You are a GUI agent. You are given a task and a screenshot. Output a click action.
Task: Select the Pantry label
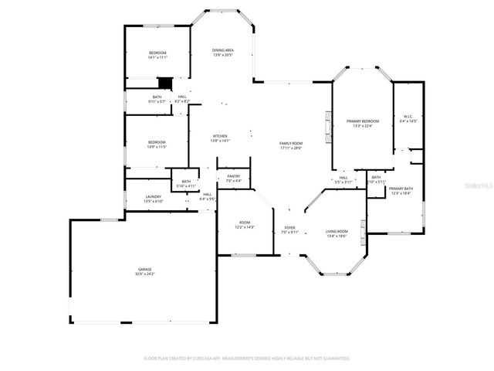pos(233,179)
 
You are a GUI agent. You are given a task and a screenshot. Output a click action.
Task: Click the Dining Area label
pos(223,53)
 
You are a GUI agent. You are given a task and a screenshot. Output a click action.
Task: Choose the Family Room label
pos(290,145)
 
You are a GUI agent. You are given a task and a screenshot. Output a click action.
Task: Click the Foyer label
pos(289,230)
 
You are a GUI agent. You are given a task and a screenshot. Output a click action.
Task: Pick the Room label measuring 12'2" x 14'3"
pos(243,225)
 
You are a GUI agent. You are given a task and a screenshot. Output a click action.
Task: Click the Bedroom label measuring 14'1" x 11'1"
pos(157,55)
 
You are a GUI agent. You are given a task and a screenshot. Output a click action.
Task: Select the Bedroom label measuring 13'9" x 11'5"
pos(157,144)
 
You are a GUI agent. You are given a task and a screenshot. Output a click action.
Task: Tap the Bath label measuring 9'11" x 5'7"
pos(157,99)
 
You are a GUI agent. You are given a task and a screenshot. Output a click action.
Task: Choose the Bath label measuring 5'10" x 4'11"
pos(186,184)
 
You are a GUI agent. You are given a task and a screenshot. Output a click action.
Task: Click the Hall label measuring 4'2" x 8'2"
pos(182,99)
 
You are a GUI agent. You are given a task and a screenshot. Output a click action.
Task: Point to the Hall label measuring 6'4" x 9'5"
pos(208,196)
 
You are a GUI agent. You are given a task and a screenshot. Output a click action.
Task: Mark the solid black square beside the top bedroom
pos(164,82)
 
